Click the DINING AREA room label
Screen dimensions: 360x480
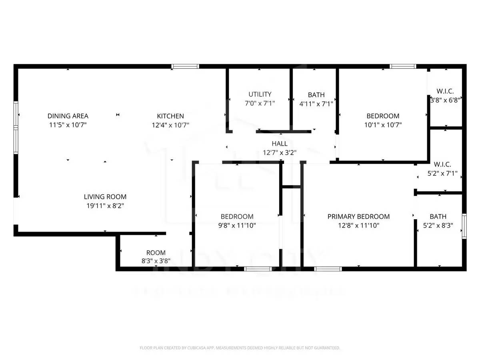[x=68, y=116]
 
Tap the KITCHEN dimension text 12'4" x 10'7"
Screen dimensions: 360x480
[x=170, y=125]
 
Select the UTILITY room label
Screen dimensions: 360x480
[x=260, y=94]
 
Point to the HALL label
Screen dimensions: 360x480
[x=279, y=144]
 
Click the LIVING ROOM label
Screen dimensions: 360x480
[x=105, y=197]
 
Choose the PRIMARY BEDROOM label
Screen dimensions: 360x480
[x=358, y=216]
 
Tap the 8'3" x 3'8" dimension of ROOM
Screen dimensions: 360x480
[x=156, y=261]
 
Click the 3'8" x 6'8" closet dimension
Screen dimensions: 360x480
[x=445, y=100]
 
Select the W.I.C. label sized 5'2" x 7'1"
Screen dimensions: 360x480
[x=442, y=164]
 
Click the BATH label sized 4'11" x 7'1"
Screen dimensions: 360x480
[x=316, y=95]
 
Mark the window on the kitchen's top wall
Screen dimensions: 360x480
[x=185, y=66]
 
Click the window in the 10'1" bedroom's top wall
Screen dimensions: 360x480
[x=403, y=66]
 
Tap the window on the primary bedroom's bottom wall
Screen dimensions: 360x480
[x=328, y=269]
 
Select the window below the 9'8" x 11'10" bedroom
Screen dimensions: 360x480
[x=258, y=269]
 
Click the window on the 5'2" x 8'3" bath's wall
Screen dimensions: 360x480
[x=464, y=226]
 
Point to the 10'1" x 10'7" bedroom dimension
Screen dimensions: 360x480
[x=383, y=125]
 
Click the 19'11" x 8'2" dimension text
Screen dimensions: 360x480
[x=105, y=206]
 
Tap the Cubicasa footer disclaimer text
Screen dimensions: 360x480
[x=240, y=348]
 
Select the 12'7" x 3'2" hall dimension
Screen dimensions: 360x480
[x=279, y=152]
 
